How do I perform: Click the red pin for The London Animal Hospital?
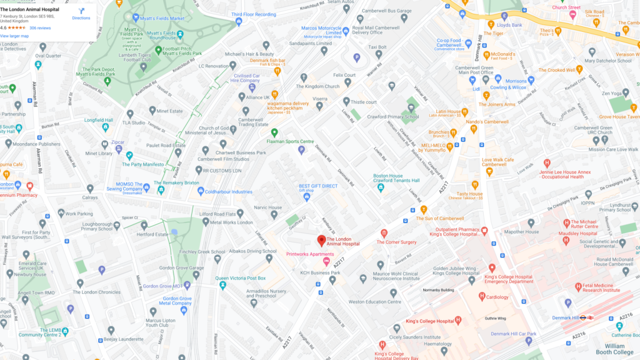point(321,241)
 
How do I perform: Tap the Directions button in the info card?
point(81,14)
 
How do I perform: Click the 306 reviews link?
point(40,28)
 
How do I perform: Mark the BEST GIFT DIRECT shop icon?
point(307,197)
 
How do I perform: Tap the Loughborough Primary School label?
point(87,226)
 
